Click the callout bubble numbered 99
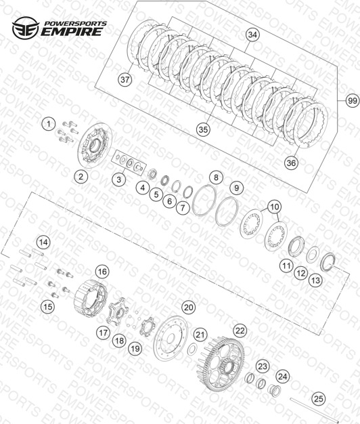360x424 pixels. coord(352,101)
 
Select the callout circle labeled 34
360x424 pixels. coord(252,35)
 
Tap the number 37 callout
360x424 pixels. coord(125,80)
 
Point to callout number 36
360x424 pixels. coord(291,163)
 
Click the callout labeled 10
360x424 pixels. coord(274,207)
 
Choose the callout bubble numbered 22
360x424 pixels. coord(240,331)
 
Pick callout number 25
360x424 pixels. coord(319,398)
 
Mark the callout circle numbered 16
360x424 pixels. coord(102,272)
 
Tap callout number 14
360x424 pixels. coord(44,242)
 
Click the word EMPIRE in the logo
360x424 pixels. coord(72,31)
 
